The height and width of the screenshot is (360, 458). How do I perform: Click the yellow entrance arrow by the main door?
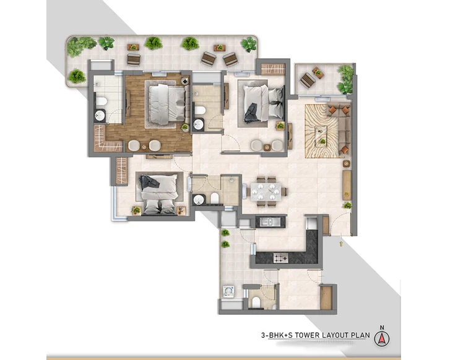point(340,244)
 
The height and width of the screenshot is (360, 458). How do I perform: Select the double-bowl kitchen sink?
point(267,221)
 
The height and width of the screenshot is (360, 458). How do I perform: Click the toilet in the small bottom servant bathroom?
point(256,302)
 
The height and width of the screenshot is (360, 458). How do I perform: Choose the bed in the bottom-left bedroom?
point(159,194)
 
